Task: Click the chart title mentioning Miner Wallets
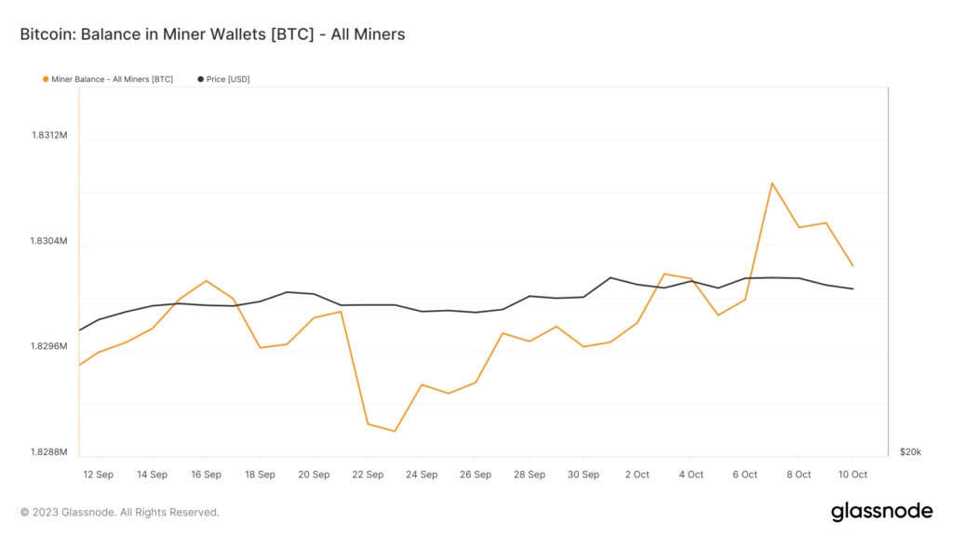[x=212, y=34]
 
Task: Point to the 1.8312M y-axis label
[x=49, y=135]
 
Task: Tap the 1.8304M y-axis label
[x=49, y=241]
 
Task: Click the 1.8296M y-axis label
[x=49, y=346]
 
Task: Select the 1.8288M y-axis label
[x=49, y=452]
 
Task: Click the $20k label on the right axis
[x=910, y=452]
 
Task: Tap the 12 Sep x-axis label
[x=98, y=475]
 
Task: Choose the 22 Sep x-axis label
[x=368, y=475]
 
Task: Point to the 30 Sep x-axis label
[x=584, y=475]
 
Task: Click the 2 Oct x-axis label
[x=638, y=475]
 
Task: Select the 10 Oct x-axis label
[x=852, y=475]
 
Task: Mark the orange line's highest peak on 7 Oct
[x=772, y=182]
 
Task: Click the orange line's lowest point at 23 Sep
[x=395, y=431]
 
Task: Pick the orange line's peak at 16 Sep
[x=206, y=280]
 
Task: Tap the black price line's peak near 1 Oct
[x=611, y=277]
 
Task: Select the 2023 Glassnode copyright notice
[x=119, y=512]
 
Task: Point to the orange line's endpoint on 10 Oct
[x=853, y=266]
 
